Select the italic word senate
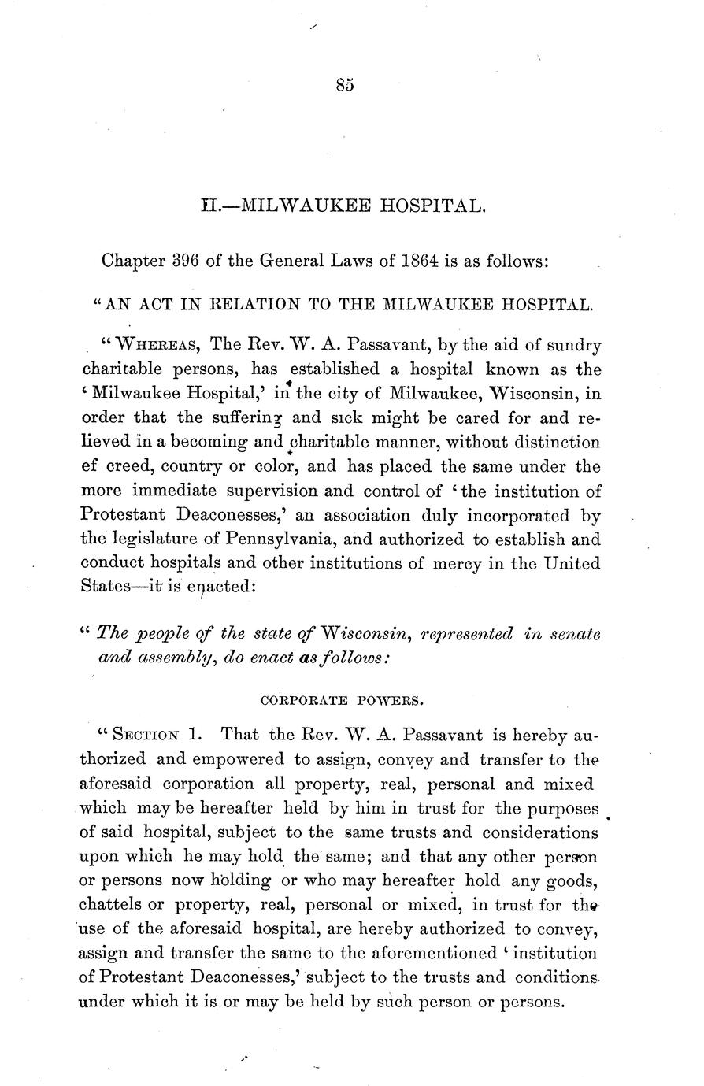[571, 633]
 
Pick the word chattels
[112, 906]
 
